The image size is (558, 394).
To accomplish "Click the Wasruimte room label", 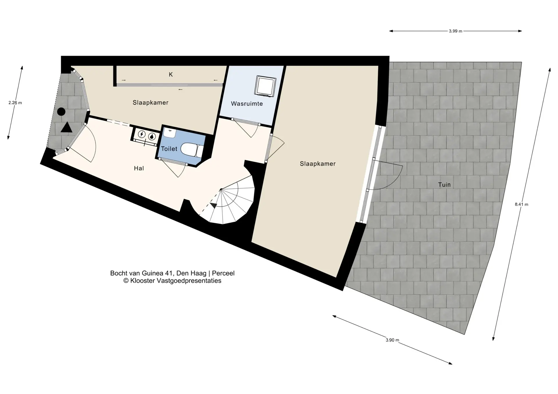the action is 247,104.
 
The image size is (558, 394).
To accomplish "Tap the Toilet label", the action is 169,149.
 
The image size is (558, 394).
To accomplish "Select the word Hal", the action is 139,168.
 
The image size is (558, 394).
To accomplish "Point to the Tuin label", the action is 444,185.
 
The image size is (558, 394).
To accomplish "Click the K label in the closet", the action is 171,75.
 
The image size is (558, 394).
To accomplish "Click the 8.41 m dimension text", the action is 521,204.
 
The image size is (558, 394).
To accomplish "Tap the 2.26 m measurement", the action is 15,103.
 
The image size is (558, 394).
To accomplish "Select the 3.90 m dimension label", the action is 392,340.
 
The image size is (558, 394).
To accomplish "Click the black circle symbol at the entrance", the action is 61,112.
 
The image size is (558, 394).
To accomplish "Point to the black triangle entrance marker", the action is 67,128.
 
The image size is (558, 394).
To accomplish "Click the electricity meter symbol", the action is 142,134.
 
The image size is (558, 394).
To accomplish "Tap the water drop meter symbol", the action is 152,136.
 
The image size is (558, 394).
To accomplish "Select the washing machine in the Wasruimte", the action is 265,86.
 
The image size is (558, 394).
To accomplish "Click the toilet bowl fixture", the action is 192,150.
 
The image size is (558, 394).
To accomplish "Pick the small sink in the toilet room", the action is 169,133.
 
